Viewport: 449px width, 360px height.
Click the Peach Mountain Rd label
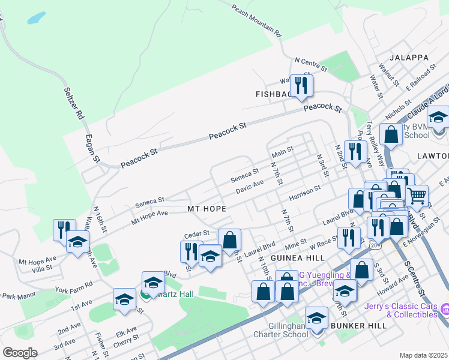coord(256,20)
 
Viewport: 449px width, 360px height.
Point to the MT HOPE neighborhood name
coord(206,209)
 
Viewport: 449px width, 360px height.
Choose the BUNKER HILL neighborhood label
coord(358,325)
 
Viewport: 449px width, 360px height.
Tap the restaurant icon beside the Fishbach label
coord(301,85)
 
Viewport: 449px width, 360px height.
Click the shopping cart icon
coord(417,196)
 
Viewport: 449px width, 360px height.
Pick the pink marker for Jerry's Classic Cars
coord(444,309)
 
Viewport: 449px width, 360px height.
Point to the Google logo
coord(20,353)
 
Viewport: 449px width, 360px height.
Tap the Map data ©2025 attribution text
coord(423,355)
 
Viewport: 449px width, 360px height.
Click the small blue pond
coord(36,17)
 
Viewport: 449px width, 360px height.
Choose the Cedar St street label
coord(197,233)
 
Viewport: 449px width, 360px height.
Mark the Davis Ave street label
coord(250,187)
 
